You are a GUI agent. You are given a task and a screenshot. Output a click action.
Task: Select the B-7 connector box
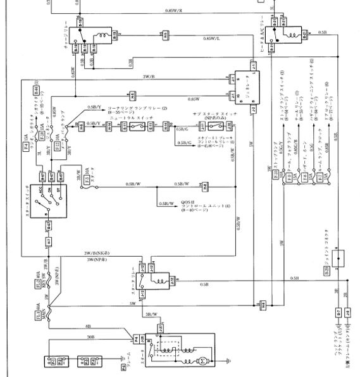click(x=338, y=312)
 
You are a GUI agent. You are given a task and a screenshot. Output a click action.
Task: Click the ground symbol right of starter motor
click(x=226, y=362)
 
